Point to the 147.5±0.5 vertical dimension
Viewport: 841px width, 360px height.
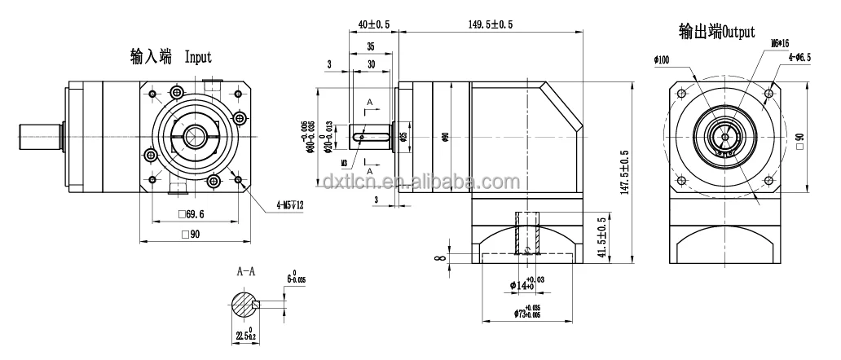coord(624,173)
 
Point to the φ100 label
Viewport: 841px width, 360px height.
coord(661,59)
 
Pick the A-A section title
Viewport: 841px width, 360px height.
coord(246,270)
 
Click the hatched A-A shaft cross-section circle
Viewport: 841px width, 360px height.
coord(244,305)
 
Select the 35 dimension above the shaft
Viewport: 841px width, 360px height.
coord(370,48)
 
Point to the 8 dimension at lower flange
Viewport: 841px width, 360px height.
coord(441,258)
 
